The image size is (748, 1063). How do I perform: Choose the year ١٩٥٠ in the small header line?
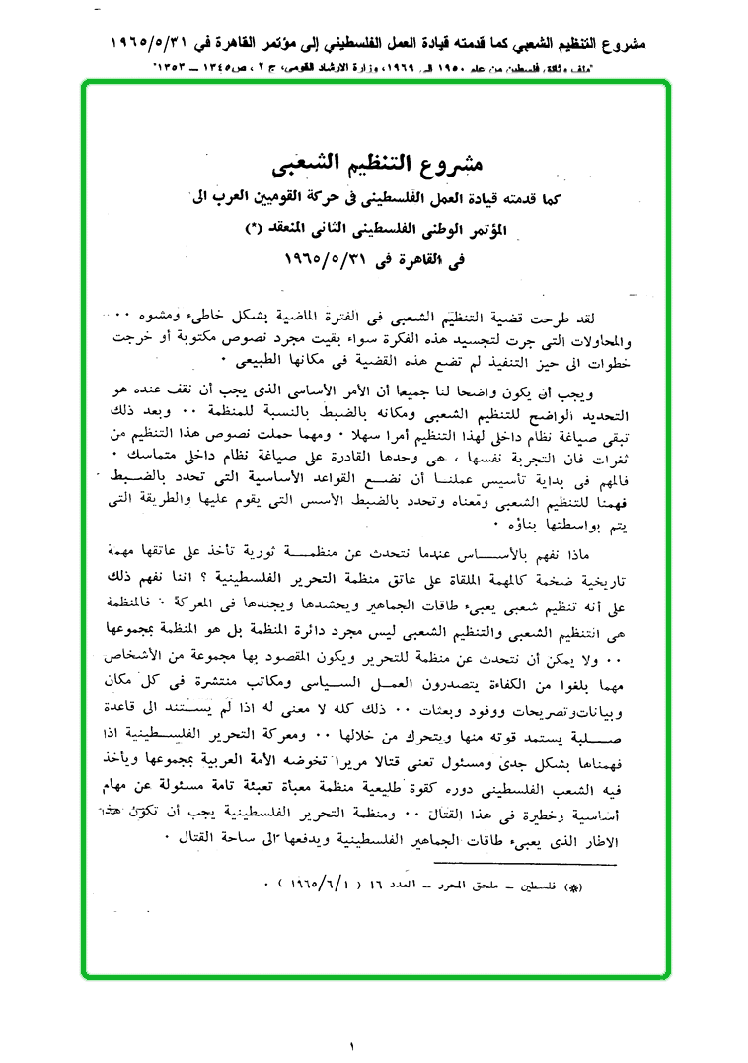point(549,69)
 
